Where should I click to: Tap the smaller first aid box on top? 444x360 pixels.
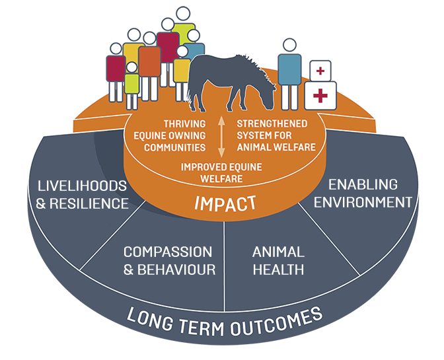pyautogui.click(x=320, y=70)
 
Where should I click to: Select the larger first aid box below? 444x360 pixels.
pyautogui.click(x=320, y=96)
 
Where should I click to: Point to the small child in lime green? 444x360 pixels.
pyautogui.click(x=132, y=83)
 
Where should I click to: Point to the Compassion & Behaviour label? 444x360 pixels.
pyautogui.click(x=169, y=260)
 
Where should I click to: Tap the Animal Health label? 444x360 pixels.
pyautogui.click(x=278, y=260)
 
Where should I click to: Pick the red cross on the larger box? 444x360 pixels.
pyautogui.click(x=320, y=96)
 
